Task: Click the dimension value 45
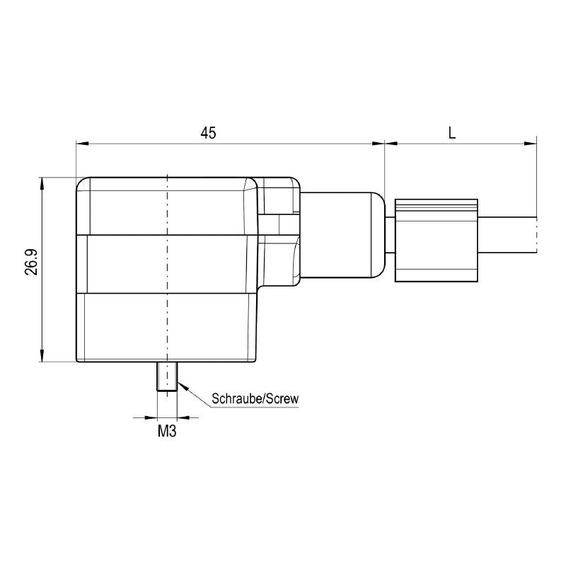[x=207, y=132]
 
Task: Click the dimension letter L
[x=451, y=132]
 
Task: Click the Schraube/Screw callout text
[x=255, y=399]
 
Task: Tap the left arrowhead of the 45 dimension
[x=81, y=144]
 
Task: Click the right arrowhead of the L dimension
[x=530, y=144]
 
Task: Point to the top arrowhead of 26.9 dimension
[x=43, y=182]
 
